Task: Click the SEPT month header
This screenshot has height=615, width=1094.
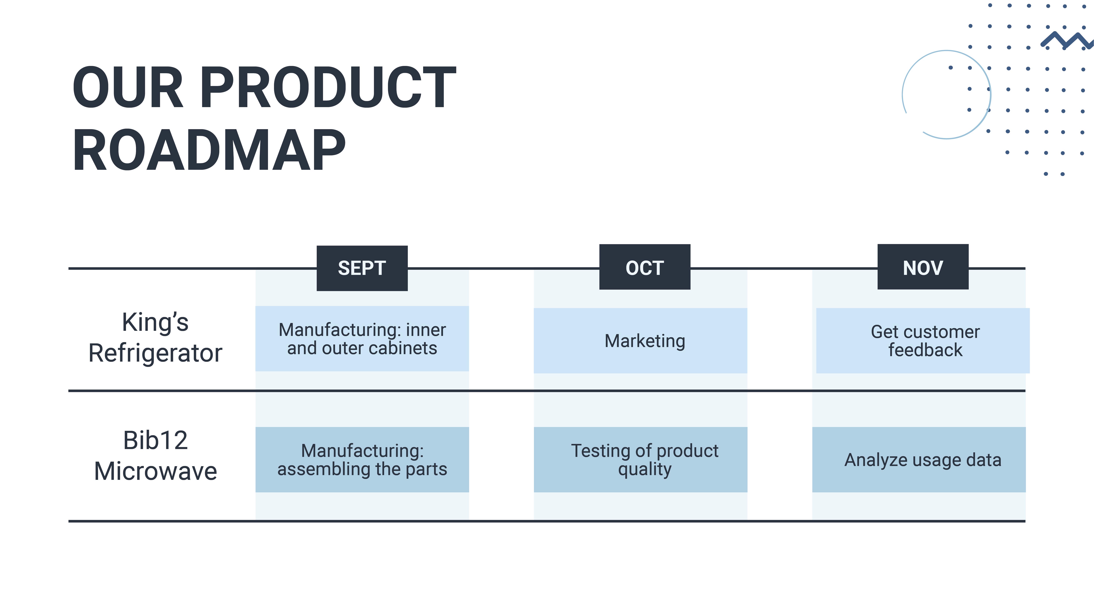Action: pyautogui.click(x=362, y=268)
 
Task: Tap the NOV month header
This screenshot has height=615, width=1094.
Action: pyautogui.click(x=923, y=267)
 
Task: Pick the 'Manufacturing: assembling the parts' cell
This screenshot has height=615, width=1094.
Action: pyautogui.click(x=362, y=460)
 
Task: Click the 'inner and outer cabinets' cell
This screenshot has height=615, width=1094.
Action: pyautogui.click(x=362, y=339)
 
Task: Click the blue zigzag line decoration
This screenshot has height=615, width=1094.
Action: pyautogui.click(x=1066, y=40)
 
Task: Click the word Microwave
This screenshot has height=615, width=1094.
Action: pyautogui.click(x=156, y=471)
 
